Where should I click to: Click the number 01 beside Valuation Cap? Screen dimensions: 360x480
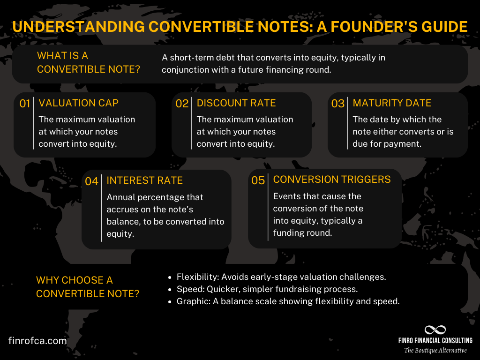[25, 104]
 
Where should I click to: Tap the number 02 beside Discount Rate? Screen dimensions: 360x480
[182, 104]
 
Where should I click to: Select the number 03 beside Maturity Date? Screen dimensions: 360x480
[338, 104]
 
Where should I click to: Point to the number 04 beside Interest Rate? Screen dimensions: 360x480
[92, 181]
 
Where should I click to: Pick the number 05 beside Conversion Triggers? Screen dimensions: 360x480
[258, 180]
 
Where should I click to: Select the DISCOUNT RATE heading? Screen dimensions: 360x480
[236, 103]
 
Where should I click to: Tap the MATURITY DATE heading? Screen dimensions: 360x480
[392, 103]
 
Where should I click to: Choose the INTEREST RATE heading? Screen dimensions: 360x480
[145, 180]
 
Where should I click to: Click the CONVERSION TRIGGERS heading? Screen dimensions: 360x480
[332, 180]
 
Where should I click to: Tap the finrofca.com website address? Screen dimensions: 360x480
[37, 341]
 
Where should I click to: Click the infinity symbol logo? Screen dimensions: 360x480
[435, 330]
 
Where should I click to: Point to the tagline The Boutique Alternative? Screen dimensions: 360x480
[435, 350]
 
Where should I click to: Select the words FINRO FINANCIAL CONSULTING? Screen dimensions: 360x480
[435, 341]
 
